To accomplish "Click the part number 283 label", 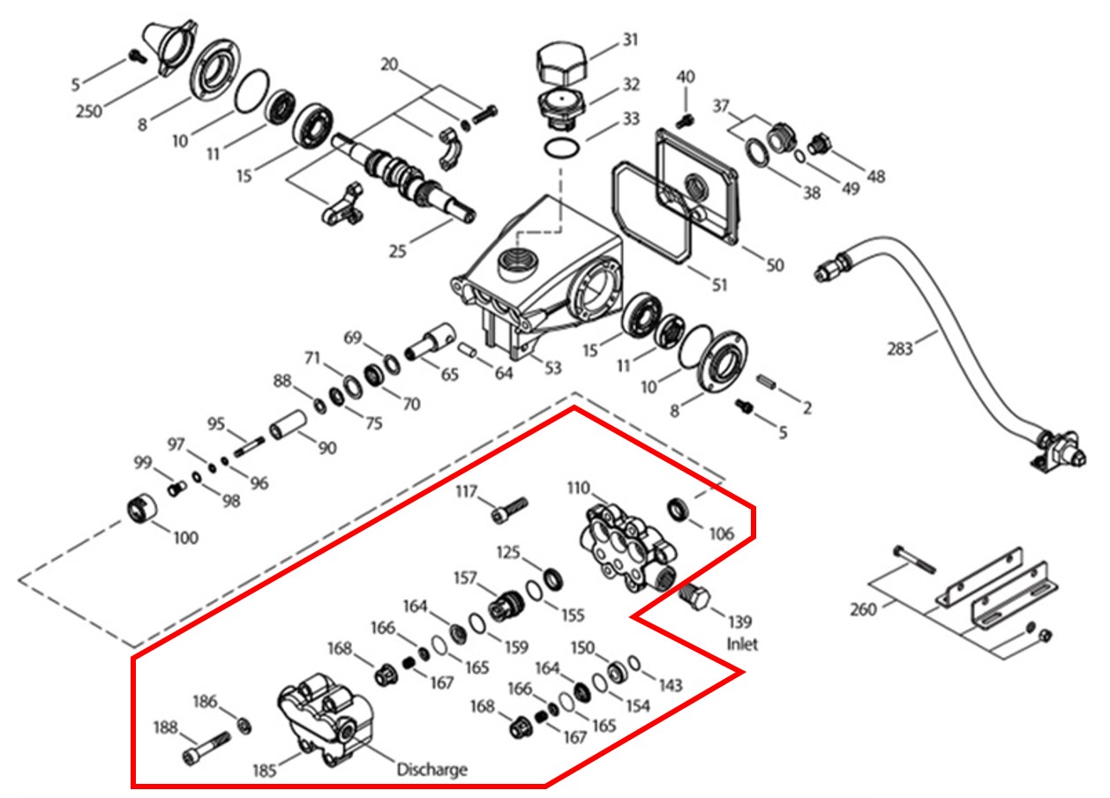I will pos(901,350).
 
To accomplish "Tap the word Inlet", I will pos(742,644).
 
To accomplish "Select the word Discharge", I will pos(431,770).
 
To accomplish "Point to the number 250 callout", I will pos(88,111).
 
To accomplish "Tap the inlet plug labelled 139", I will pos(694,599).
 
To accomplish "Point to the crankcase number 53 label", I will pos(552,367).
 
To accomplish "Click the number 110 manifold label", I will pos(579,488).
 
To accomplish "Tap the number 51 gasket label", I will pos(720,284).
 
